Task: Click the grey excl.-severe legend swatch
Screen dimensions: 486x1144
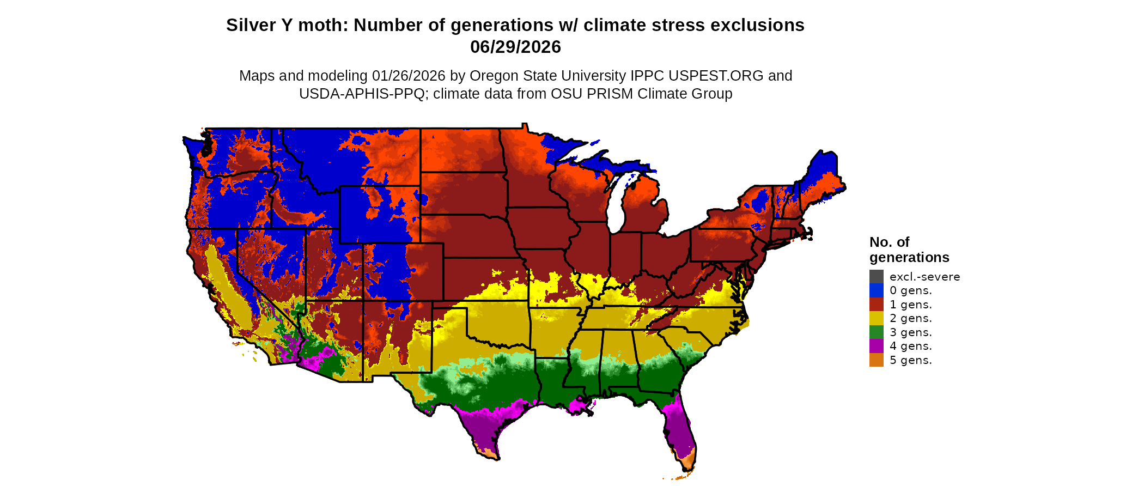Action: [x=876, y=276]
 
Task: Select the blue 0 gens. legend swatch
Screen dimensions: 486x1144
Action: [x=876, y=290]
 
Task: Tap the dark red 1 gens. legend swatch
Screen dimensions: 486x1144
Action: [x=876, y=304]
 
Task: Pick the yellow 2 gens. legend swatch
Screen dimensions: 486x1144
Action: [x=876, y=318]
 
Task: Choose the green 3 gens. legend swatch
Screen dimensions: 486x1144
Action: [x=876, y=332]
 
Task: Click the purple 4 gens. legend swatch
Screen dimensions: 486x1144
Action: [x=876, y=346]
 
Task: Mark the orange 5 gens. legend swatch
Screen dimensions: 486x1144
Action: [x=876, y=360]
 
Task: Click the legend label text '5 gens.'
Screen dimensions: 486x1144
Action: [x=911, y=360]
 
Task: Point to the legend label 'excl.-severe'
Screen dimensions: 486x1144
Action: [x=924, y=277]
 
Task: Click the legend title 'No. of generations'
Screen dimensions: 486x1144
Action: [x=909, y=250]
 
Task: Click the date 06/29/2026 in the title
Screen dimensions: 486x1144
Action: [x=515, y=47]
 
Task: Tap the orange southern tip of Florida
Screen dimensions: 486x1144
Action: [x=688, y=461]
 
